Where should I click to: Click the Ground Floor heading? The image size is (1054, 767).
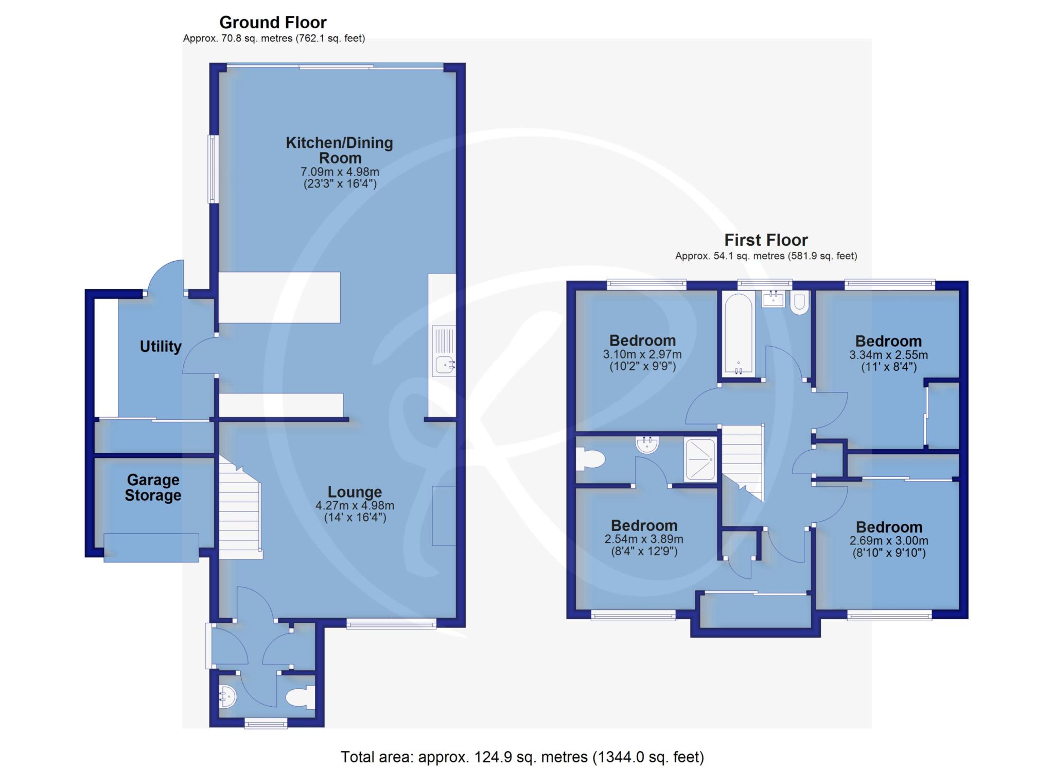273,23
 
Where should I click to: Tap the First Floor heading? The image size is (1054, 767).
766,240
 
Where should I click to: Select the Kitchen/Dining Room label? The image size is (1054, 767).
340,150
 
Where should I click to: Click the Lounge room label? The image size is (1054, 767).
355,492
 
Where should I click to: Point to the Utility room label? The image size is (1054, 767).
161,347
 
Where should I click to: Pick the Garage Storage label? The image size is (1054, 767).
153,487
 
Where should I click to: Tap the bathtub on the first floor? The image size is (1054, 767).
739,334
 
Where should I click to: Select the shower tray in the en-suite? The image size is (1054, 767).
699,459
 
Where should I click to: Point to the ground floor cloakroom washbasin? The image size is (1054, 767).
227,697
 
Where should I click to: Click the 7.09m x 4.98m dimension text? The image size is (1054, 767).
340,172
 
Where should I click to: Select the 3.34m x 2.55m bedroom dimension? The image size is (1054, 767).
888,355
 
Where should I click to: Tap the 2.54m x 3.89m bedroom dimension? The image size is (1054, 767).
644,539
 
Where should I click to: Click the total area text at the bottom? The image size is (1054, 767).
522,757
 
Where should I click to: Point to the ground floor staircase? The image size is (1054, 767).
240,507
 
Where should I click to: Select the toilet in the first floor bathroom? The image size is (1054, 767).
800,303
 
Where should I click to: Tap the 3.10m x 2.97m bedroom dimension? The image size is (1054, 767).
642,354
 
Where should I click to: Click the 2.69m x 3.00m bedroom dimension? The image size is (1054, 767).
889,541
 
